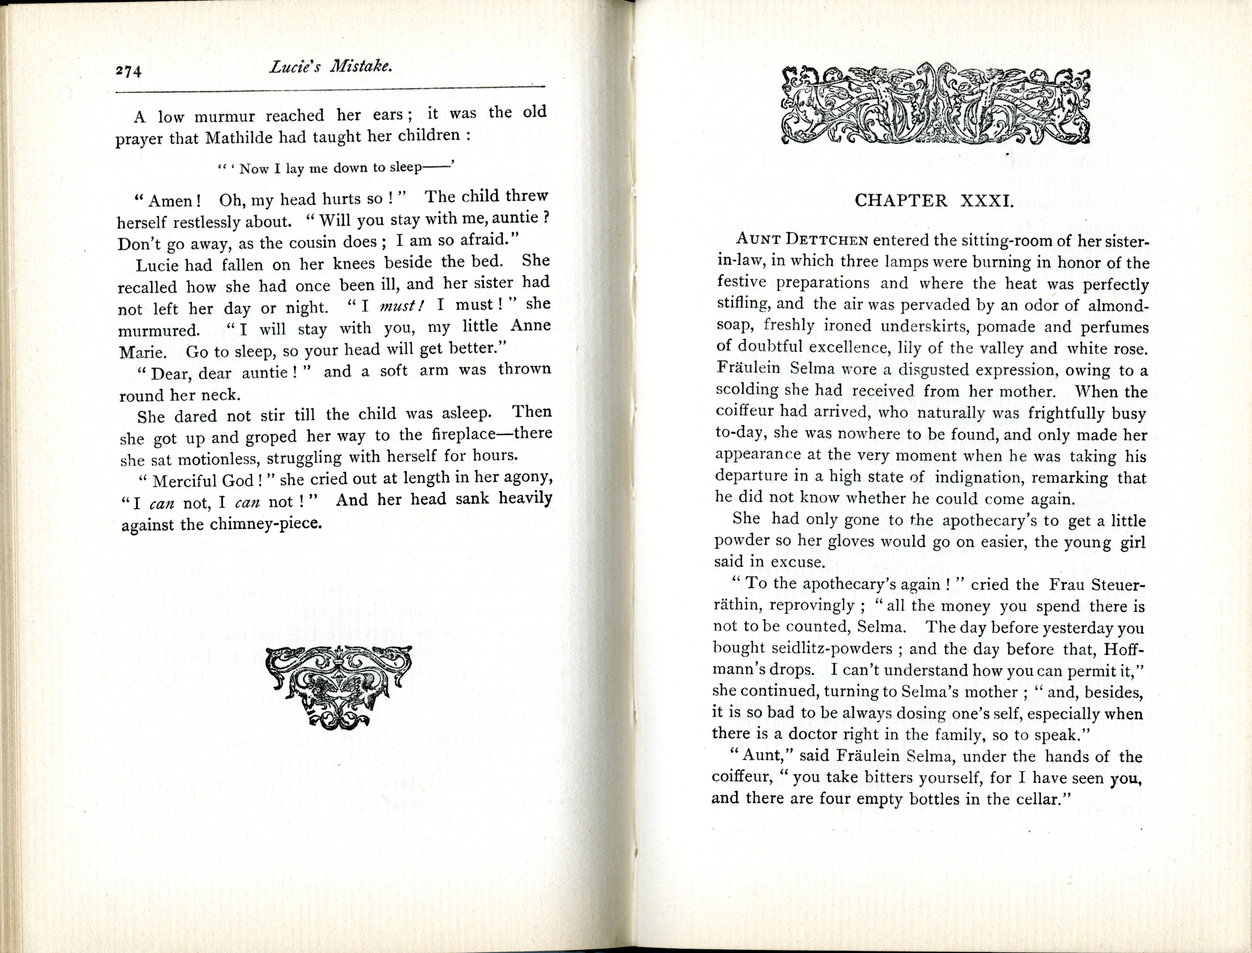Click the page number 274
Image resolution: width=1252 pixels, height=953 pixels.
tap(128, 71)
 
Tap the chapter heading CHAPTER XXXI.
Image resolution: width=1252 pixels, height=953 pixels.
tap(933, 200)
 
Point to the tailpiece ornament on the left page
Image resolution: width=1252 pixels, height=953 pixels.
tap(338, 687)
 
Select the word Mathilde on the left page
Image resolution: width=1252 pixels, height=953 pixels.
tap(240, 138)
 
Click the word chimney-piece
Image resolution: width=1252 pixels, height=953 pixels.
tap(266, 523)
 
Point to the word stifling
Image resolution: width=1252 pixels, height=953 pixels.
tap(742, 304)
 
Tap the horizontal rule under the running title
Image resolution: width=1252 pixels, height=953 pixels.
tap(330, 88)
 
